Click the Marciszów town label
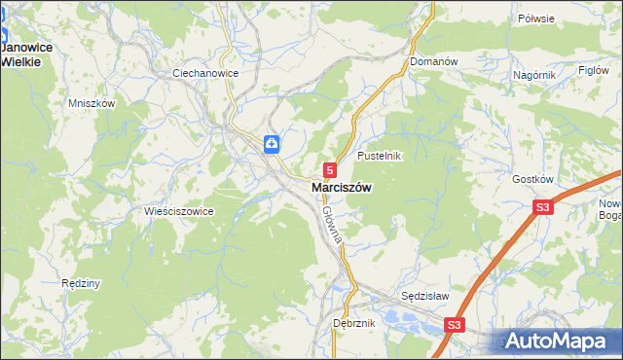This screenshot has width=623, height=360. (x=340, y=188)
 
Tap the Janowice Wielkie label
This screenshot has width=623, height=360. (x=27, y=54)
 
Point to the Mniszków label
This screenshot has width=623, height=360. (x=92, y=103)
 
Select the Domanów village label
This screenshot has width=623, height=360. (x=433, y=61)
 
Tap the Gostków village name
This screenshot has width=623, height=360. (x=532, y=180)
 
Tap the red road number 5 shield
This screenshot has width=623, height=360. (x=331, y=169)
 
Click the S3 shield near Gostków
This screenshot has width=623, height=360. (x=542, y=207)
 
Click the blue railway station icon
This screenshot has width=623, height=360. (x=271, y=144)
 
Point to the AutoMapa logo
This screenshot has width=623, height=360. (x=560, y=342)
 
